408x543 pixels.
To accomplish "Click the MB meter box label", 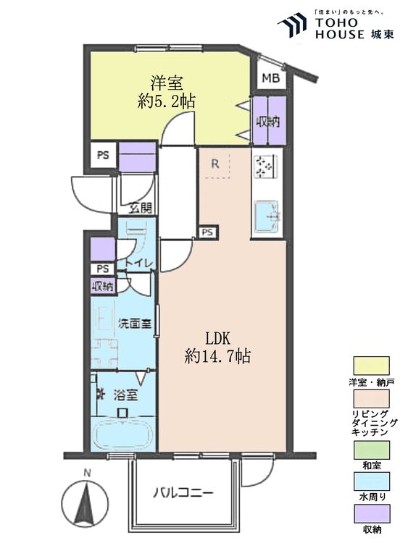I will pyautogui.click(x=270, y=78).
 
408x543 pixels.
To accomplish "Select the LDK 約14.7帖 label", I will pyautogui.click(x=217, y=347).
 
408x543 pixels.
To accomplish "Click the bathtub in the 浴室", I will pyautogui.click(x=122, y=436).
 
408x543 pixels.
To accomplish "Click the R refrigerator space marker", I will pyautogui.click(x=215, y=164).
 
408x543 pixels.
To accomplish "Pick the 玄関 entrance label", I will pyautogui.click(x=141, y=209).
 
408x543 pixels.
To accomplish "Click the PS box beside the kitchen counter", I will pyautogui.click(x=207, y=232).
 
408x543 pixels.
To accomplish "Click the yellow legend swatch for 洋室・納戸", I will pyautogui.click(x=371, y=366).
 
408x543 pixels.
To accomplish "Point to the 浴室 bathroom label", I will pyautogui.click(x=125, y=395).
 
